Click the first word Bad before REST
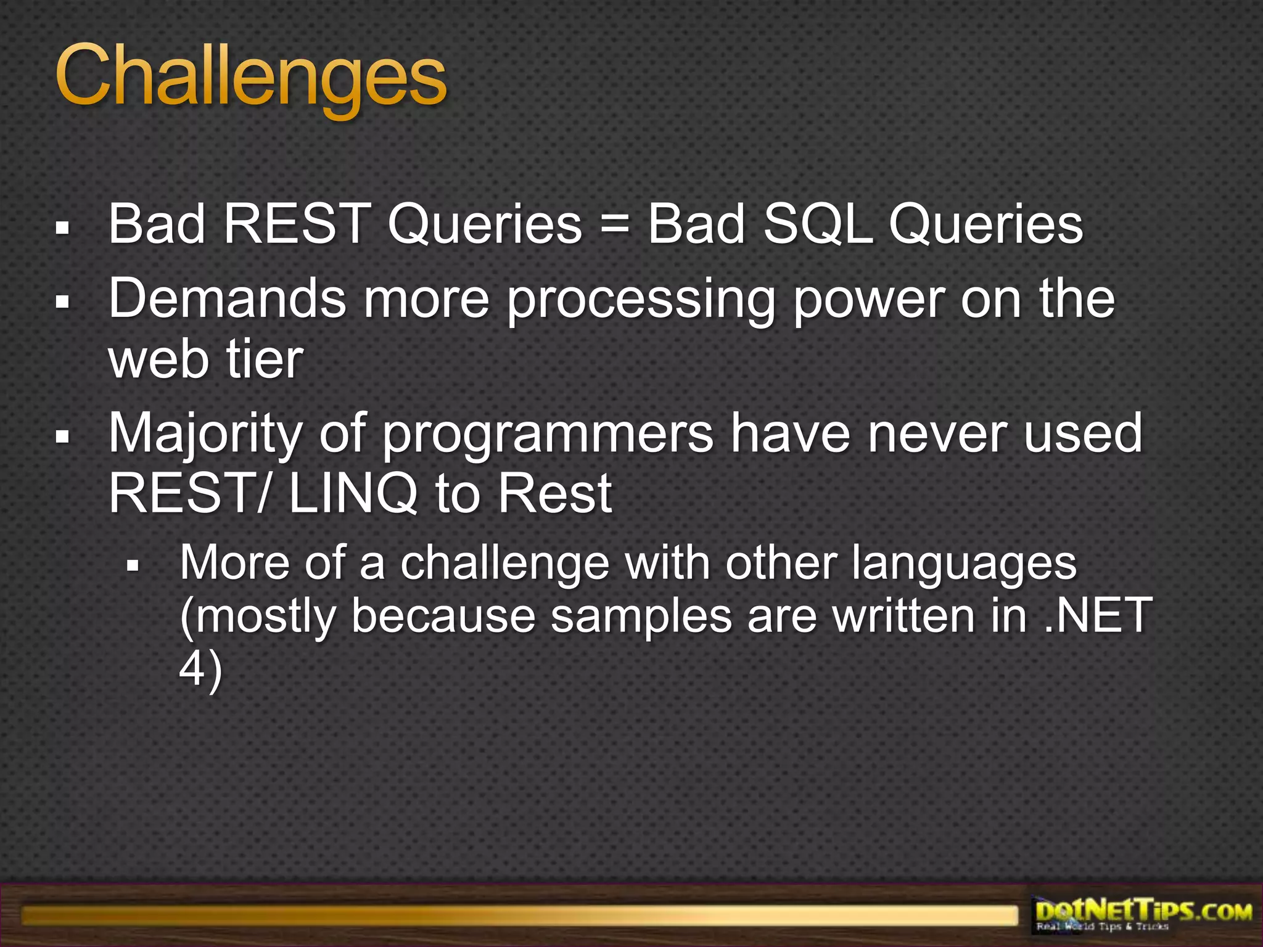pos(156,224)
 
